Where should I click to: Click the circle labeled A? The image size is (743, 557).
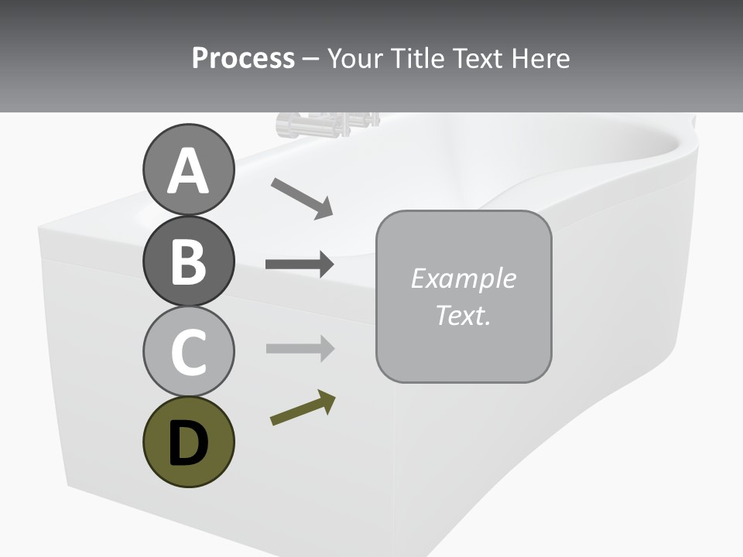click(188, 169)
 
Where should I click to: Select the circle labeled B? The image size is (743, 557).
click(188, 261)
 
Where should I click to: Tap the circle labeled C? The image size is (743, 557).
click(188, 350)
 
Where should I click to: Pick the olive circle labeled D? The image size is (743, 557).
click(188, 442)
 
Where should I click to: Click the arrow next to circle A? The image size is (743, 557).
click(302, 198)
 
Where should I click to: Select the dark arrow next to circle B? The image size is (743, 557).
click(300, 265)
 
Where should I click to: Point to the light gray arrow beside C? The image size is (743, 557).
click(300, 349)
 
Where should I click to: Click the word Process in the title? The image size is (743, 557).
click(243, 58)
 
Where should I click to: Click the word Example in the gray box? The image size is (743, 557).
click(463, 278)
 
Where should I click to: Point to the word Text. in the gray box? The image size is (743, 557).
click(463, 315)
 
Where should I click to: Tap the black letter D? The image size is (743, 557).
click(188, 443)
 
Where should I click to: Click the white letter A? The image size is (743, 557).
click(188, 171)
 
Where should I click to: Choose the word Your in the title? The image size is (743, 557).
click(356, 58)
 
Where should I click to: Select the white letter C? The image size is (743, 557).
click(188, 352)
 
